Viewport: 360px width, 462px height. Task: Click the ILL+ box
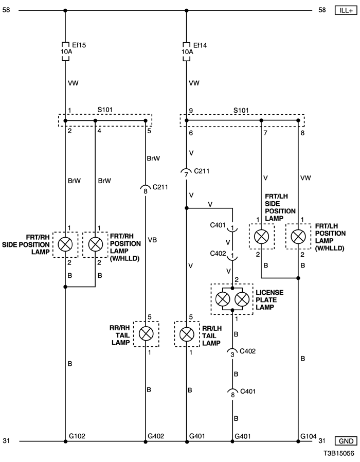(x=346, y=10)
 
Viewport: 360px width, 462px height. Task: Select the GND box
(x=346, y=441)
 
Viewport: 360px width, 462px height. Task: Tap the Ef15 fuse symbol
(x=65, y=51)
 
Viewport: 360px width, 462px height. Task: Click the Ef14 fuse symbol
(x=186, y=51)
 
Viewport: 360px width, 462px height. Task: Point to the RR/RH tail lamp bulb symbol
(x=146, y=334)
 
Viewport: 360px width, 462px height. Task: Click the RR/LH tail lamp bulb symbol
(x=187, y=334)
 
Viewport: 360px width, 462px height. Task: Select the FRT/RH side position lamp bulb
(x=65, y=244)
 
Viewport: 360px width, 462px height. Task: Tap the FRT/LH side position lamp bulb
(x=261, y=237)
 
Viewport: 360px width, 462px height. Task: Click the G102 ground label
(x=77, y=436)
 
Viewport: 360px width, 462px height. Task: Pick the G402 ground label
(x=155, y=436)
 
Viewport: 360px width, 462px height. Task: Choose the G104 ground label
(x=308, y=436)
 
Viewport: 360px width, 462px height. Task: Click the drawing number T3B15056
(x=338, y=453)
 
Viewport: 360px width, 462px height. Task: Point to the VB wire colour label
(x=152, y=240)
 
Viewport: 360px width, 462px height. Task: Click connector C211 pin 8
(x=145, y=189)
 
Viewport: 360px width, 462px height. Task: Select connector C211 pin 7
(x=186, y=173)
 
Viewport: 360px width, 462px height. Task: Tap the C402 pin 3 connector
(x=232, y=353)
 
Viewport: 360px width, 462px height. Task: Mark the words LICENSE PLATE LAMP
(x=269, y=299)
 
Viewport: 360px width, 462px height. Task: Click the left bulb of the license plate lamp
(x=223, y=299)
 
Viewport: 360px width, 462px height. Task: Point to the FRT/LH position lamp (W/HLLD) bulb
(x=298, y=237)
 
